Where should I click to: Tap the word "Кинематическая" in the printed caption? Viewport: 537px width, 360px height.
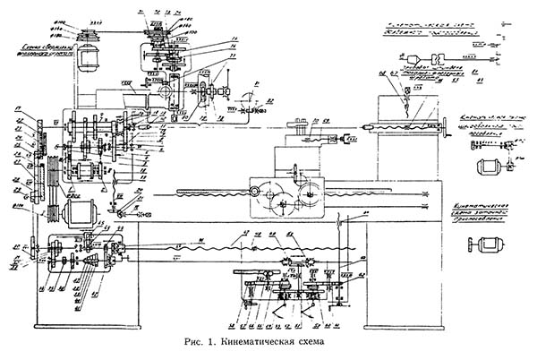[x=263, y=343]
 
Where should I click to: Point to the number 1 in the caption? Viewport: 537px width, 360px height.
[x=219, y=343]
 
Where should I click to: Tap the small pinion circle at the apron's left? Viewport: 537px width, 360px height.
[x=256, y=192]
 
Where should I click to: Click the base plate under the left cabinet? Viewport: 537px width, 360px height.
[x=89, y=321]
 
